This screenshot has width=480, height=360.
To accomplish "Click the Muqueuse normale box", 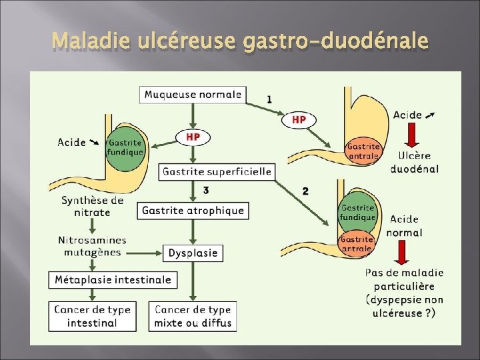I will coord(193,94).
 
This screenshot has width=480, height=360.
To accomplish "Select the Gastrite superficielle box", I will coord(217,171).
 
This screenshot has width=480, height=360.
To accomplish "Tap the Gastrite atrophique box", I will coord(193,211).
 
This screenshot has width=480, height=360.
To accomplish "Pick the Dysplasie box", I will coord(193,253).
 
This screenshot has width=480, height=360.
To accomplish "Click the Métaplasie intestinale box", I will coord(113,279).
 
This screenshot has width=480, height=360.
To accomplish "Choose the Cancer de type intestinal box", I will coord(92,316).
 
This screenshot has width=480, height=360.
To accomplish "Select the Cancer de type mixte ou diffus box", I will coord(193,316).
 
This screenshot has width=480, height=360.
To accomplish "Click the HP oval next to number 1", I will coord(299,119).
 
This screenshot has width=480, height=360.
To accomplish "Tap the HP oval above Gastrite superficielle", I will coord(193,137).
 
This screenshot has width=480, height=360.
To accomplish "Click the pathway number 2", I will coord(305,191).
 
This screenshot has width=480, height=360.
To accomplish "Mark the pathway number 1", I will coord(269,99).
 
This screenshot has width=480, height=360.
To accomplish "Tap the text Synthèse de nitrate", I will coord(92,206).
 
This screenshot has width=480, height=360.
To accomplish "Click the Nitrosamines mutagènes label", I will coord(92,246).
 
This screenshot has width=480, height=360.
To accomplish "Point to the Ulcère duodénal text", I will coord(414,162).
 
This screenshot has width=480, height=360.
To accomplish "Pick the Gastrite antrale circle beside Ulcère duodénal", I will coord(363,151).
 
